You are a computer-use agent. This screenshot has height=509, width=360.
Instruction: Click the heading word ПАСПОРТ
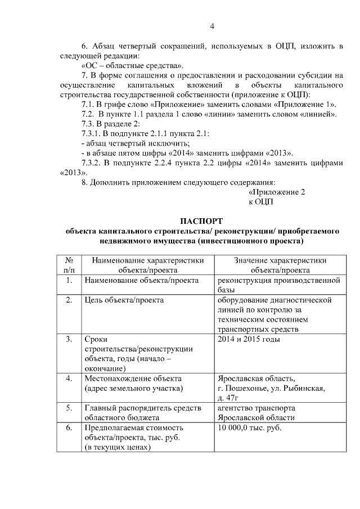(201, 221)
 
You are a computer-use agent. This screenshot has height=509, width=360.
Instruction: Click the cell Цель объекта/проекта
(124, 300)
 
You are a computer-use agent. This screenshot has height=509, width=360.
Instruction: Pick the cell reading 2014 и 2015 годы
(249, 339)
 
